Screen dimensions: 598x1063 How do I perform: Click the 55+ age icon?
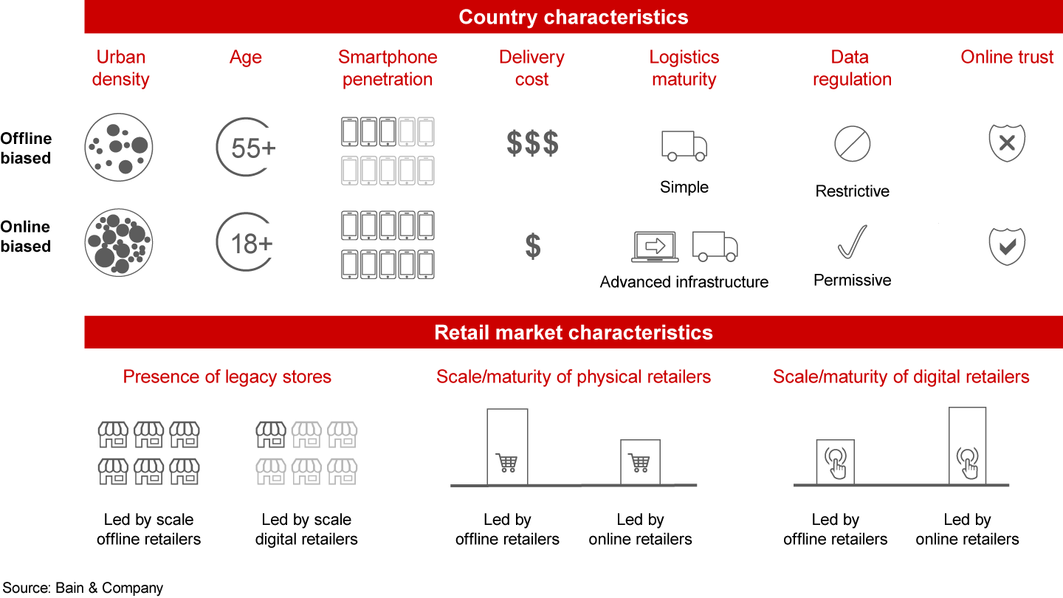pyautogui.click(x=246, y=147)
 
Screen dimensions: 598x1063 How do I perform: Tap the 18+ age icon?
pyautogui.click(x=246, y=242)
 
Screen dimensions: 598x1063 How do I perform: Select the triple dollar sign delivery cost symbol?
pyautogui.click(x=532, y=143)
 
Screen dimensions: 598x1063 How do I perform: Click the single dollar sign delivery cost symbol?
pyautogui.click(x=532, y=246)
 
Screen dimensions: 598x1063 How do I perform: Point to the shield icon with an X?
pyautogui.click(x=1007, y=143)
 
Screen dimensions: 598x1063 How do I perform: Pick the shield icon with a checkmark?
pyautogui.click(x=1007, y=246)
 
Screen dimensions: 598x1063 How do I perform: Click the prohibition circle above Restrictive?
pyautogui.click(x=853, y=143)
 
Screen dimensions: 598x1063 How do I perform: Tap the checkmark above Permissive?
pyautogui.click(x=852, y=242)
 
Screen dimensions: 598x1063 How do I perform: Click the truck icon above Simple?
pyautogui.click(x=684, y=145)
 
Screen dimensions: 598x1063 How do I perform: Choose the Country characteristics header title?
pyautogui.click(x=574, y=17)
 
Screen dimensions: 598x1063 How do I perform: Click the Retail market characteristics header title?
pyautogui.click(x=574, y=332)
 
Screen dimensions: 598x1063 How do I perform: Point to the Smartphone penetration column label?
pyautogui.click(x=388, y=68)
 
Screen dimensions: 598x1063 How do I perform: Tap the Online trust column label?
pyautogui.click(x=1007, y=57)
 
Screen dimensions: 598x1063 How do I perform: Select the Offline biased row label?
pyautogui.click(x=26, y=148)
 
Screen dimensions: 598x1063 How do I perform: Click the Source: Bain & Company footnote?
pyautogui.click(x=82, y=588)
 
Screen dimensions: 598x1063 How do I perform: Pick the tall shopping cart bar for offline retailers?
pyautogui.click(x=507, y=447)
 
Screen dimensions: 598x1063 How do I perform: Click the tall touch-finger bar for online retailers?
pyautogui.click(x=967, y=446)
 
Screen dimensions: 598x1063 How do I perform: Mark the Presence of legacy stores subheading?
pyautogui.click(x=227, y=377)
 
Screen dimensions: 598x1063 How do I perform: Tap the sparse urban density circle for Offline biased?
pyautogui.click(x=118, y=147)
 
